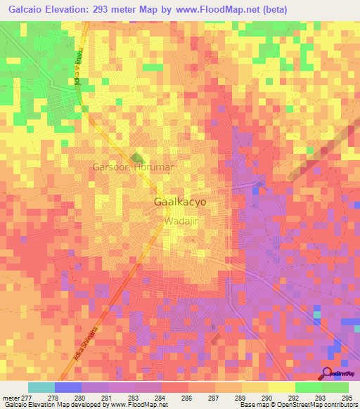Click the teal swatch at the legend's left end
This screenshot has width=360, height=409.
tap(41, 387)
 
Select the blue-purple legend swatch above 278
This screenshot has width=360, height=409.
tap(68, 387)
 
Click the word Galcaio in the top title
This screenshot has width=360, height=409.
tap(27, 9)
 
